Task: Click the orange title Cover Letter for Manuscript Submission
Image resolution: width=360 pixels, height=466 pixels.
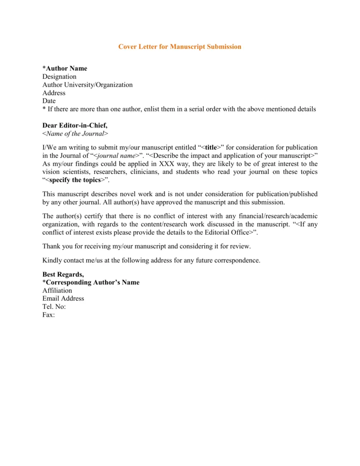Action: coord(180,47)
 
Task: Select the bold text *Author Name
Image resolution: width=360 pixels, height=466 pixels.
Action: coord(65,68)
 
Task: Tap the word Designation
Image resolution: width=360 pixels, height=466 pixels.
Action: coord(59,76)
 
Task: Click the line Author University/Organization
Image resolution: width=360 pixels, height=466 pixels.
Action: coord(87,85)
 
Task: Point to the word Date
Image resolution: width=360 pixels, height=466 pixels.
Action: coord(49,101)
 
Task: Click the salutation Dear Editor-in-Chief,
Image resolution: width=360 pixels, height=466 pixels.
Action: coord(75,125)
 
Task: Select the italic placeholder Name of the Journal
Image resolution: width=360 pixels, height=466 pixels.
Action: coord(76,133)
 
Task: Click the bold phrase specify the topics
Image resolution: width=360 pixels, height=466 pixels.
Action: coord(75,180)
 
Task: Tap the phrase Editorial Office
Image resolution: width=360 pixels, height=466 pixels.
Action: coord(224,232)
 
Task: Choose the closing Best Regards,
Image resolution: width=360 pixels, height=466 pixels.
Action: coord(63,274)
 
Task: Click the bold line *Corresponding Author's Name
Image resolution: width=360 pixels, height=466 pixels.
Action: coord(91,282)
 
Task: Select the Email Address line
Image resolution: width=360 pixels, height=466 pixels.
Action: coord(63,299)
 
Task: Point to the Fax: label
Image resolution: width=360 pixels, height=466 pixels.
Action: coord(48,315)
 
